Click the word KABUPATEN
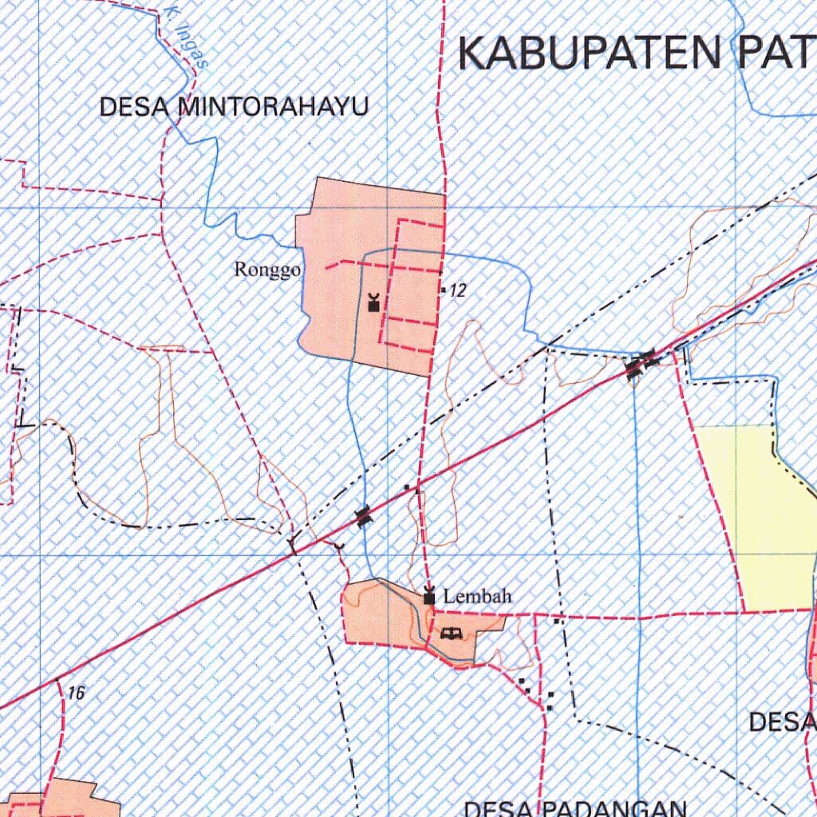(587, 53)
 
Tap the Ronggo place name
(266, 270)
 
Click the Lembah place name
(477, 596)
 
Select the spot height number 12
(457, 291)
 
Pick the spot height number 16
(77, 693)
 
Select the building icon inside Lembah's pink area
(451, 633)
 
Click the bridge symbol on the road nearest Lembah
(364, 516)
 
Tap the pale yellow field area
(758, 511)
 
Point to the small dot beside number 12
(443, 290)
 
